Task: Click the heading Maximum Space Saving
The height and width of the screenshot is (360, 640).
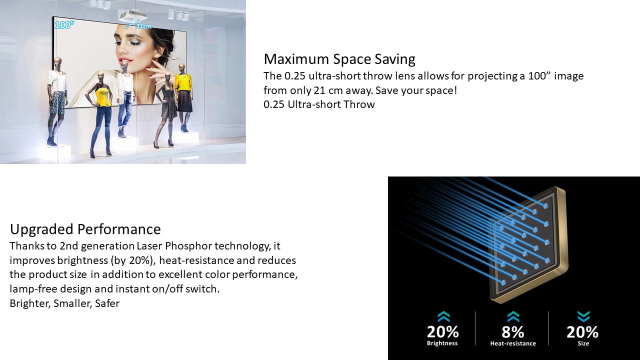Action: pos(339,59)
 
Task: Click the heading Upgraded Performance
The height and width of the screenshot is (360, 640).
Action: pos(85,229)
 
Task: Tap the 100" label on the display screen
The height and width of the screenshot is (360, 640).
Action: pos(64,25)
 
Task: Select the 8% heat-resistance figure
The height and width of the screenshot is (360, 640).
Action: pos(513,332)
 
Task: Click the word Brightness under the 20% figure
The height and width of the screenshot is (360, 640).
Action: pos(442,343)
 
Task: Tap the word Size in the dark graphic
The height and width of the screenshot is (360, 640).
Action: pos(583,343)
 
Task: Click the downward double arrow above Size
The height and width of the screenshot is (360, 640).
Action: pos(583,316)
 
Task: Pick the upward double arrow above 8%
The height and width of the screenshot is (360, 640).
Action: pos(513,316)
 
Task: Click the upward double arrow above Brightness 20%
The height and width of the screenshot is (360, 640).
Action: pos(443,316)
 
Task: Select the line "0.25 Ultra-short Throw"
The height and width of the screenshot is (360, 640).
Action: pos(319,104)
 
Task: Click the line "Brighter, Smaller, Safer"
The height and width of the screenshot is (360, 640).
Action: pos(64,303)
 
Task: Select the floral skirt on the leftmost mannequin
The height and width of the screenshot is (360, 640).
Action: pos(57,102)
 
